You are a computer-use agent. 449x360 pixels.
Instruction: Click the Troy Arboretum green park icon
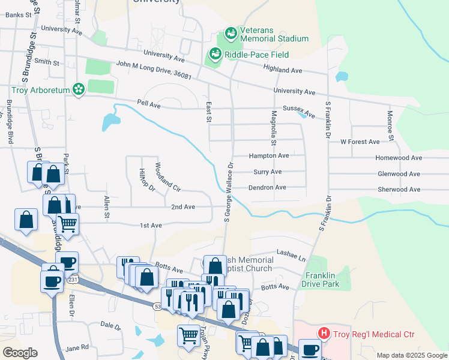[x=77, y=90]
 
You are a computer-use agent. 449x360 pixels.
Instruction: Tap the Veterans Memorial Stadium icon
[x=231, y=33]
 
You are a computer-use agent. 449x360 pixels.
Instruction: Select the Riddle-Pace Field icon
[x=214, y=55]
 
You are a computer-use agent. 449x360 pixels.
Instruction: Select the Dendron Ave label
[x=268, y=188]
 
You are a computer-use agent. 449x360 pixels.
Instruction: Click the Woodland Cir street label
[x=167, y=176]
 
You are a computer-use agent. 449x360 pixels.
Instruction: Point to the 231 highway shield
[x=73, y=280]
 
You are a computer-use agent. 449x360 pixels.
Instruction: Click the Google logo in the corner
[x=20, y=353]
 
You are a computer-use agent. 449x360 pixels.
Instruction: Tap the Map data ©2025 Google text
[x=411, y=355]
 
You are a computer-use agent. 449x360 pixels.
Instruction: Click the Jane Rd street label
[x=77, y=347]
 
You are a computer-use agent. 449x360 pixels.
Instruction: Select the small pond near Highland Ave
[x=342, y=77]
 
